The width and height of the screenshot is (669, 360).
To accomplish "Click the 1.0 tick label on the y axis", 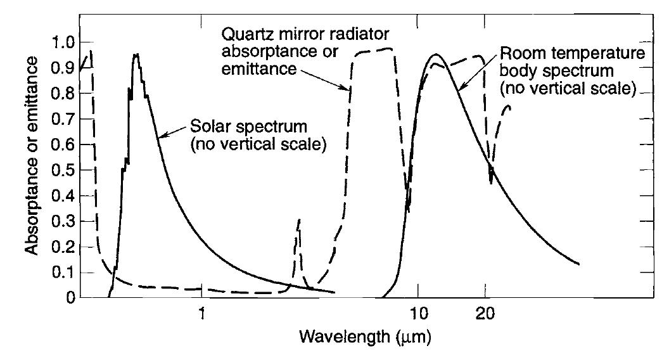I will coord(61,42).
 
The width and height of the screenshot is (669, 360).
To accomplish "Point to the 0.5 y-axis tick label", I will coord(61,170).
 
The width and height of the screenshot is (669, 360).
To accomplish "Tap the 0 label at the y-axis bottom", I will coord(70,298).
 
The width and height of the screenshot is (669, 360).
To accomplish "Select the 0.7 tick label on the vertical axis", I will coord(61,119).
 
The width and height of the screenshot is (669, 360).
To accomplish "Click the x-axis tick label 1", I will coord(201,313).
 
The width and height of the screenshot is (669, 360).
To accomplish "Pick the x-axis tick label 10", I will coord(418,313).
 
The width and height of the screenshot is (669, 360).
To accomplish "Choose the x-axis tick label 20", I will coord(485,313).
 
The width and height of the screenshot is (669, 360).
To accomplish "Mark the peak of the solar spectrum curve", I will coord(136,55).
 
